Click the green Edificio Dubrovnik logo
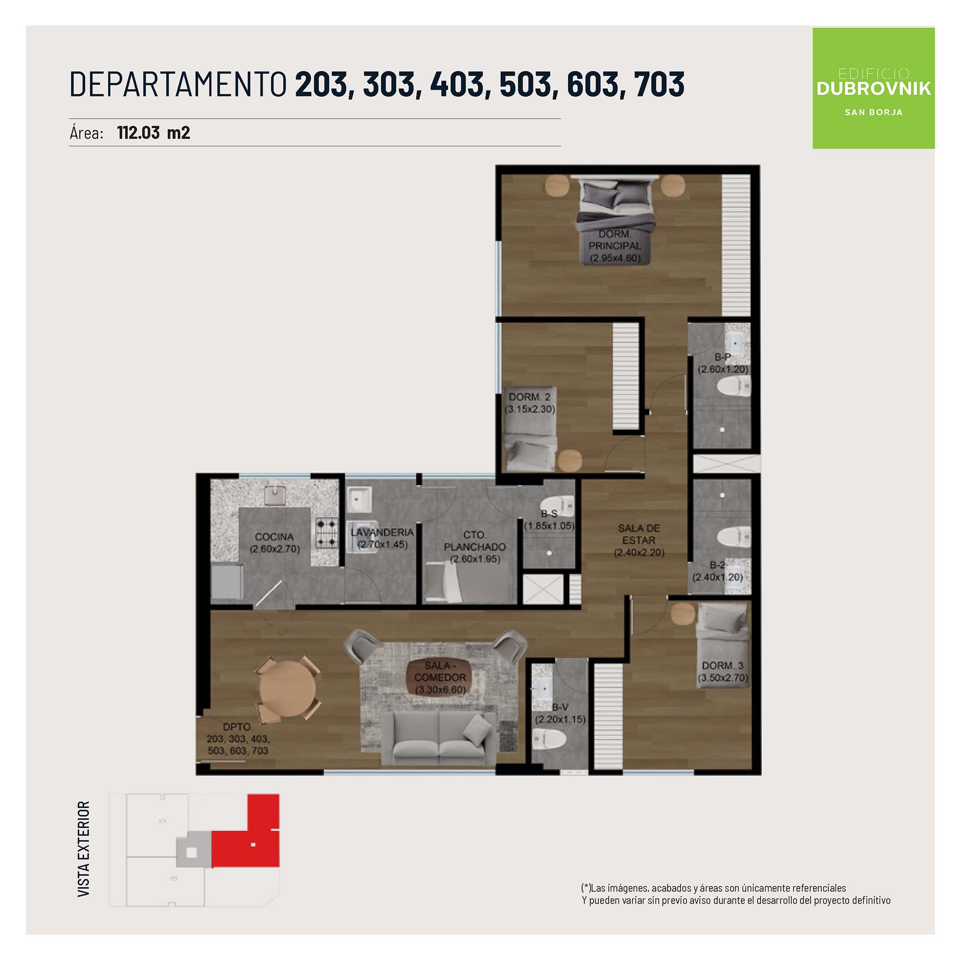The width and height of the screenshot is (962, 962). [873, 88]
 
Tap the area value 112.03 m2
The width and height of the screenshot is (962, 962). [153, 133]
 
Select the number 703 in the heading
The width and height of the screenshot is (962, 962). [659, 84]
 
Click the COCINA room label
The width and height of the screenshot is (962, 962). [274, 537]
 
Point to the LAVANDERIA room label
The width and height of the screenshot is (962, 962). [382, 532]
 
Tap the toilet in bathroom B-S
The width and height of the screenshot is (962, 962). [559, 505]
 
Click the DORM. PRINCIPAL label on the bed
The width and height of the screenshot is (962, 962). [615, 240]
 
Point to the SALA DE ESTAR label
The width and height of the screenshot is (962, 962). [639, 534]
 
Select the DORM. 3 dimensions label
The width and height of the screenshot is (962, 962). [723, 678]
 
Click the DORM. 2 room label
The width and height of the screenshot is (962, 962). [530, 397]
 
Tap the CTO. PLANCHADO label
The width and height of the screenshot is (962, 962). [474, 541]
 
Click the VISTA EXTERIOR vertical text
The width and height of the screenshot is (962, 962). [84, 849]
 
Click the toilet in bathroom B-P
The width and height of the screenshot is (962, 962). [734, 386]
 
